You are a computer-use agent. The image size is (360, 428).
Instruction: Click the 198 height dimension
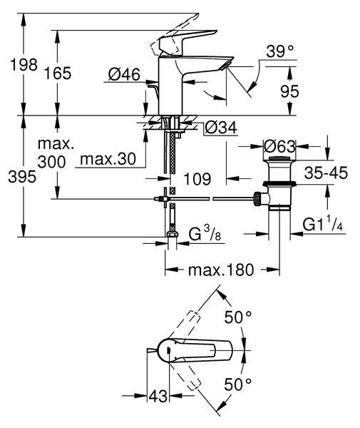(24, 65)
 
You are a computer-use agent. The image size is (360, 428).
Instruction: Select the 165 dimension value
(58, 73)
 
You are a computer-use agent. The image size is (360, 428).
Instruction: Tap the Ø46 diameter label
(124, 74)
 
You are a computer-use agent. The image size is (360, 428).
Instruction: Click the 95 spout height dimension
(289, 91)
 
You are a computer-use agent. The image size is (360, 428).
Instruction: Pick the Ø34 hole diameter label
(221, 127)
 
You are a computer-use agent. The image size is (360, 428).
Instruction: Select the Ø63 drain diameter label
(279, 146)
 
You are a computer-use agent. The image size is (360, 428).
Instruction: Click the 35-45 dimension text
(326, 173)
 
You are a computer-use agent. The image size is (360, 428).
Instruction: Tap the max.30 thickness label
(108, 158)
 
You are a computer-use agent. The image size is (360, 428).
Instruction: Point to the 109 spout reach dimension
(197, 179)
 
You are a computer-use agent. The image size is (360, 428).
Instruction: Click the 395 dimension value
(22, 177)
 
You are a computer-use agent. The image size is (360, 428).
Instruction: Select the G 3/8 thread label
(205, 235)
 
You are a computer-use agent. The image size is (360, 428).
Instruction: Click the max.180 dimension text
(221, 270)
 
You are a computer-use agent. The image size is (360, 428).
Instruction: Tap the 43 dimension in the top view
(158, 396)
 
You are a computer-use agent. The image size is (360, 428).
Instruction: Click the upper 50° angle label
(238, 317)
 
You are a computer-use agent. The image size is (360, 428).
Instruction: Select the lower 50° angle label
(238, 384)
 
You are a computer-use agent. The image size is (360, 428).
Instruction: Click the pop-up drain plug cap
(279, 159)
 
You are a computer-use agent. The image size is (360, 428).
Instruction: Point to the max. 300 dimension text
(56, 153)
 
